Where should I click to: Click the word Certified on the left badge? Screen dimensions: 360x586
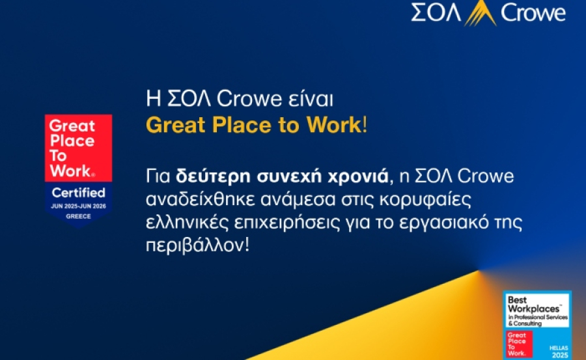78,193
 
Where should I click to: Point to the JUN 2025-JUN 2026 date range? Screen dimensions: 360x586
78,206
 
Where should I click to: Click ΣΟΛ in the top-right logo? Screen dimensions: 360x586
436,13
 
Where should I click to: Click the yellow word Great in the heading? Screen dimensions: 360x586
171,125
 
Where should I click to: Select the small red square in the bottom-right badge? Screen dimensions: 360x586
519,344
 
